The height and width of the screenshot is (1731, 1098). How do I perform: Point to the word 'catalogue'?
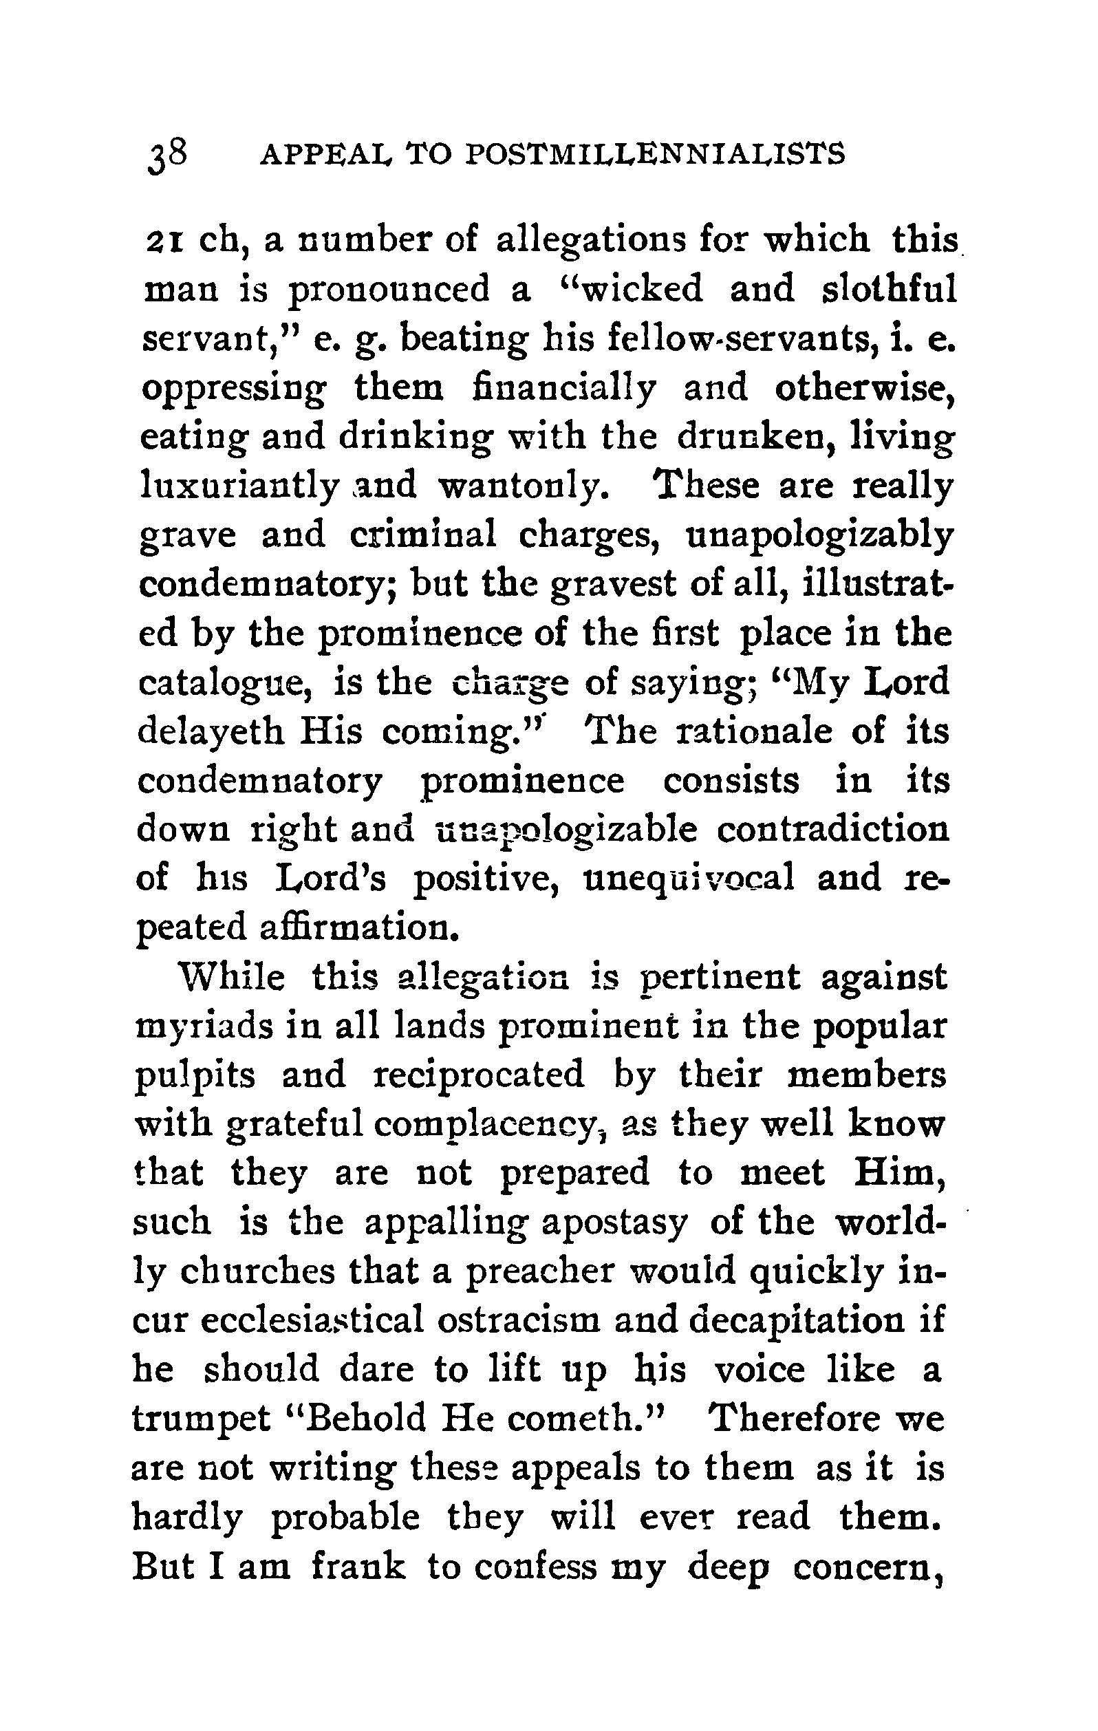click(224, 683)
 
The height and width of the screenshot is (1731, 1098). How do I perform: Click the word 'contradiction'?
click(832, 830)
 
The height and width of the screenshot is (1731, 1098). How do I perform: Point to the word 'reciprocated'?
click(480, 1076)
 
